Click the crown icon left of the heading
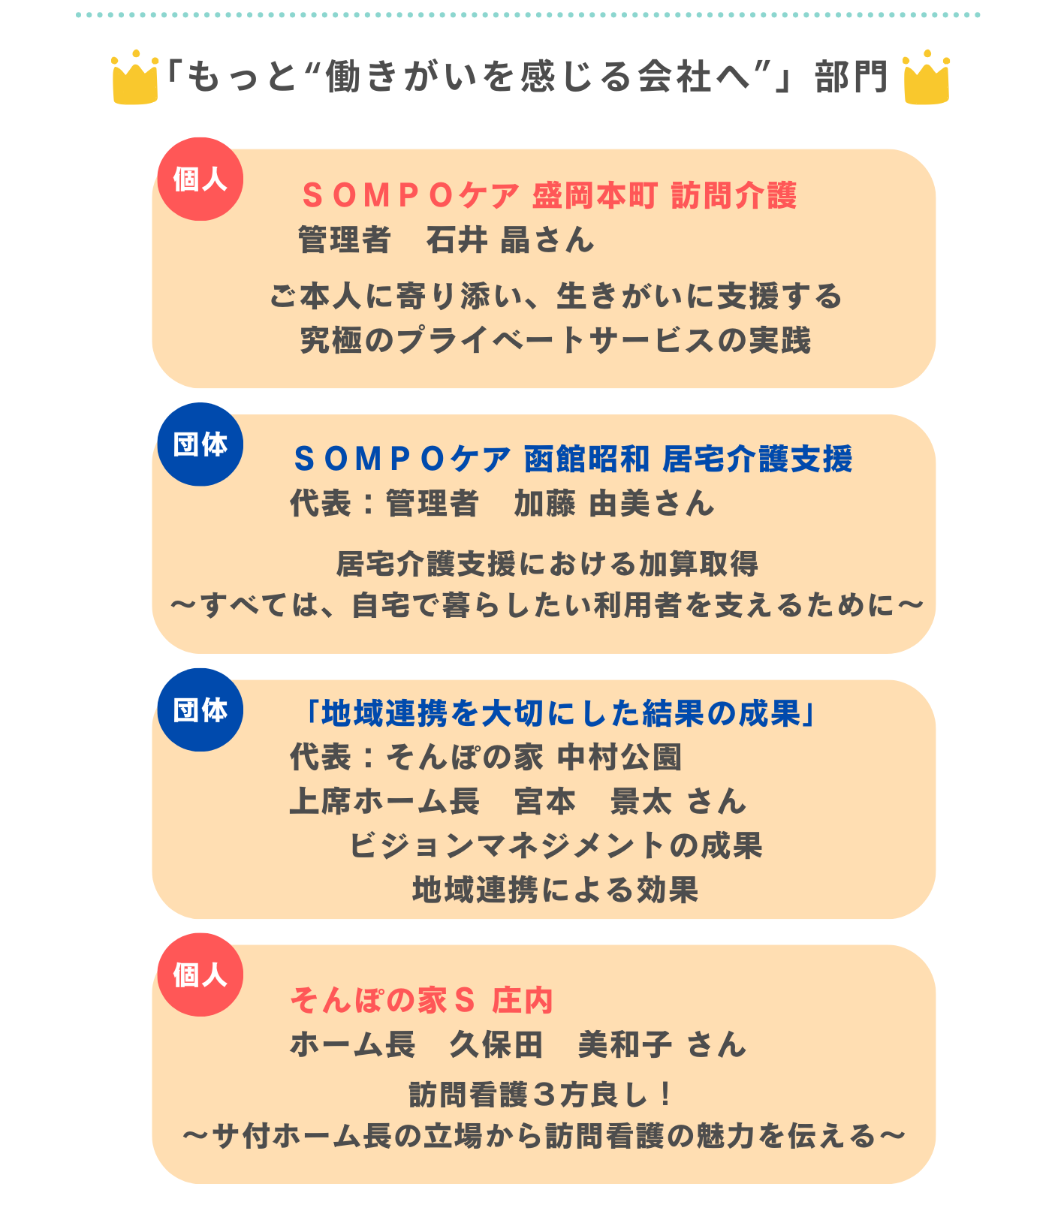135,77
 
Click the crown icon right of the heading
927,77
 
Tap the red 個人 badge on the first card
200,179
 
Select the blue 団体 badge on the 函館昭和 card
200,444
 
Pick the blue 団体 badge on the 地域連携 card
200,709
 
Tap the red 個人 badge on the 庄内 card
200,975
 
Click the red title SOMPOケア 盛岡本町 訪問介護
549,196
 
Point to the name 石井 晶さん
510,240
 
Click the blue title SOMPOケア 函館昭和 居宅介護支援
573,459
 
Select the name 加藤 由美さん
614,503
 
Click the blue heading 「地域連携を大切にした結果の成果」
556,713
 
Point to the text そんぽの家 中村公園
534,757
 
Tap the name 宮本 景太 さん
631,801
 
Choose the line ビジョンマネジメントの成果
556,845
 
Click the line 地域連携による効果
556,890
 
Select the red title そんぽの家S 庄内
422,1000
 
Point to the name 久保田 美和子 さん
598,1044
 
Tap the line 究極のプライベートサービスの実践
556,340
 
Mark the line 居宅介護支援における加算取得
547,563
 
